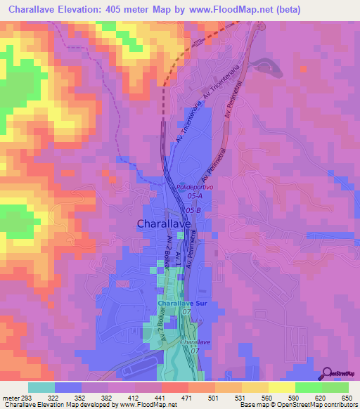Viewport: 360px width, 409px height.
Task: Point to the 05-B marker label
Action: click(194, 209)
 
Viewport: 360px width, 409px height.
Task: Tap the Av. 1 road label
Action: click(179, 258)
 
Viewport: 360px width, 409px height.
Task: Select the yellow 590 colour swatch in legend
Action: click(281, 387)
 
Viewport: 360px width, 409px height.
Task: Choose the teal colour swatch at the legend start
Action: click(41, 387)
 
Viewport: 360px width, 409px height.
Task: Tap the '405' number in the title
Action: click(125, 10)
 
